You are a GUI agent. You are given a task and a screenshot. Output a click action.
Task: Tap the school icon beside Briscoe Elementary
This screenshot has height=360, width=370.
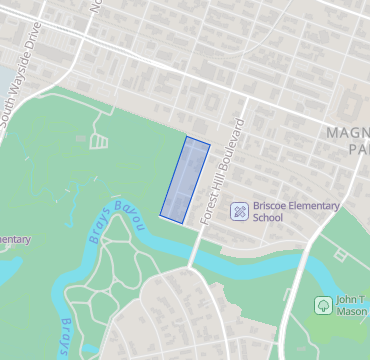(240, 211)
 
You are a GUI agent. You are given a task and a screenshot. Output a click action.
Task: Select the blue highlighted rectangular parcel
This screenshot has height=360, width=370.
(185, 179)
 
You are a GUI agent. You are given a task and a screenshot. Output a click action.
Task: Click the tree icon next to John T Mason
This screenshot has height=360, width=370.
(322, 304)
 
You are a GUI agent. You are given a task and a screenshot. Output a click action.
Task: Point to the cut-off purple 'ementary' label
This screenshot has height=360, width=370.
(14, 239)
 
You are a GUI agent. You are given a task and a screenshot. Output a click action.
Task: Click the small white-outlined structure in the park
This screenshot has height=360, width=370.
(98, 142)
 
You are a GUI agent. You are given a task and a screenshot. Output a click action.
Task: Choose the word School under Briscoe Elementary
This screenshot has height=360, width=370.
(268, 218)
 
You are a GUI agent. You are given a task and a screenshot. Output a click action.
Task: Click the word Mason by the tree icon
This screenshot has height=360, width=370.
(352, 311)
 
